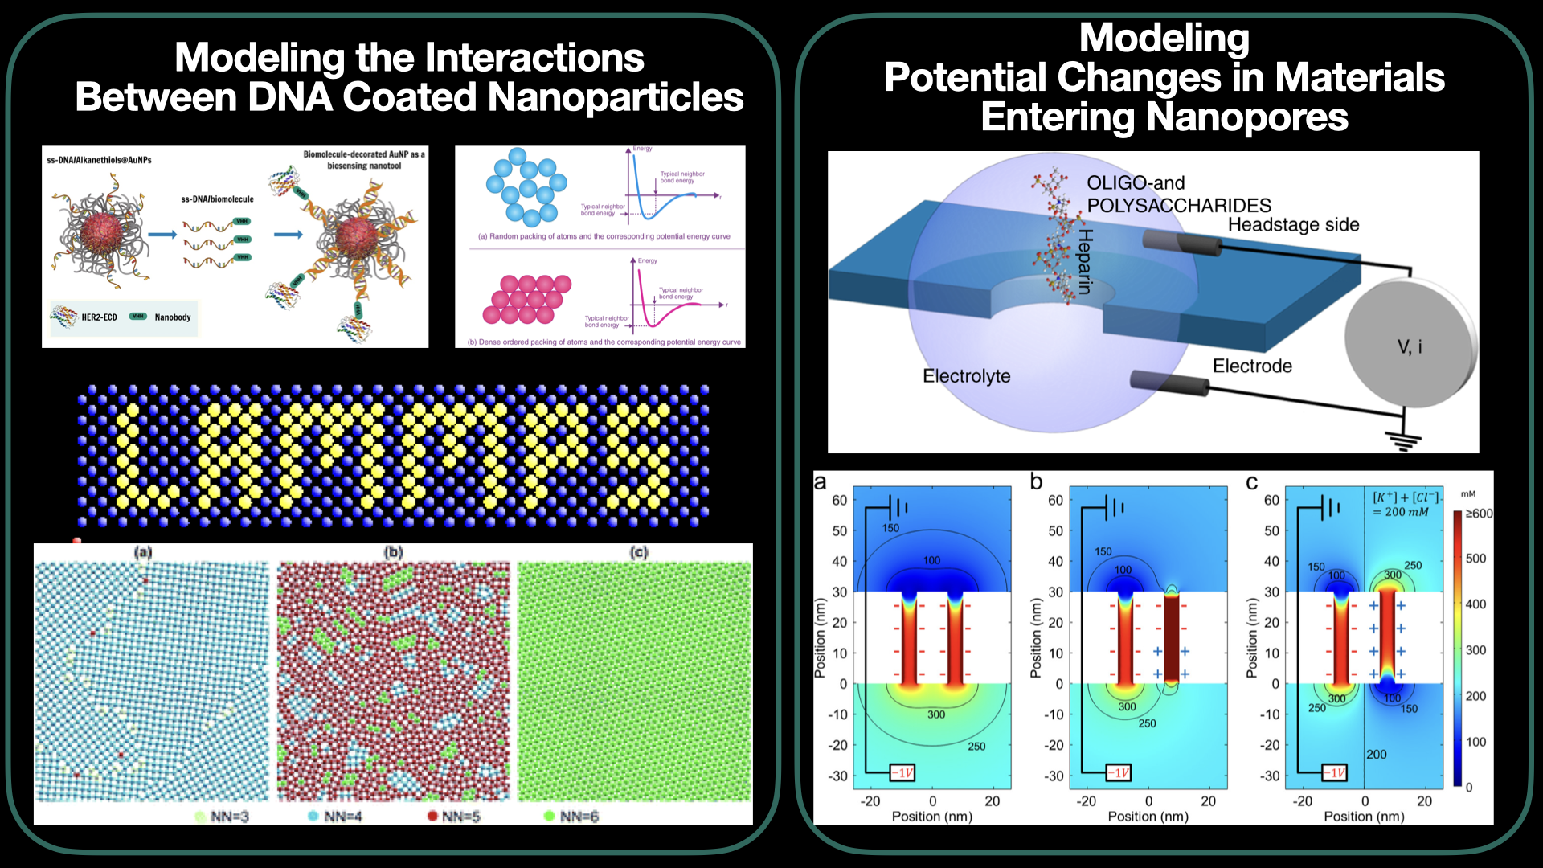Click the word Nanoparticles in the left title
click(616, 97)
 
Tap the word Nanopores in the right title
click(1246, 117)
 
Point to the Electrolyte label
click(966, 376)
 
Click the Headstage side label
click(1293, 225)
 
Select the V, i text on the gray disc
click(1409, 347)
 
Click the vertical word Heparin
click(1085, 261)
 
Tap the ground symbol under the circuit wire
click(1403, 440)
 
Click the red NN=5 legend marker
click(432, 817)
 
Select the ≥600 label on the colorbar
click(1479, 514)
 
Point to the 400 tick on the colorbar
click(1475, 604)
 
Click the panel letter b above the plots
click(1037, 481)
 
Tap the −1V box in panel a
click(902, 773)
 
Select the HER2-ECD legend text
click(99, 317)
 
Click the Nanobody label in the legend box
click(173, 317)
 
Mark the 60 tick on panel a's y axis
click(839, 500)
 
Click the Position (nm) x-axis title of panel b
click(1148, 817)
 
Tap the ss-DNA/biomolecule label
click(217, 199)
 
